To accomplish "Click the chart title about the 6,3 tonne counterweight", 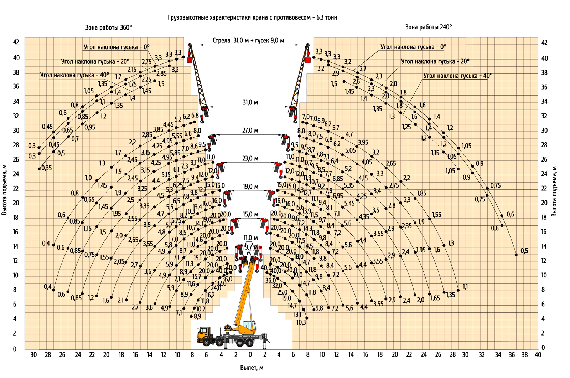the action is pos(253,17).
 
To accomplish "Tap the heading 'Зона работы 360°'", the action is pos(109,27).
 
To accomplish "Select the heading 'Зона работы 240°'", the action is pos(429,27).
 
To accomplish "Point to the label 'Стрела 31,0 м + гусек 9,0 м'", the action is pos(248,41).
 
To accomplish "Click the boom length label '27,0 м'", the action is pos(250,131).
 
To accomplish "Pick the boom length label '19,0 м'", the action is pos(250,187).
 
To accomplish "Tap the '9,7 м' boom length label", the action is pos(251,247).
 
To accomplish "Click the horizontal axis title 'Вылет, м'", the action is pos(252,368).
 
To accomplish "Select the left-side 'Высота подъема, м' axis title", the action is pos(4,190).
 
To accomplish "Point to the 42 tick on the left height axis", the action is pos(16,42).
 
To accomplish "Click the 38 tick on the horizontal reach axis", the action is pos(525,355).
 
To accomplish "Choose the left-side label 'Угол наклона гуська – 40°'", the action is pos(74,75).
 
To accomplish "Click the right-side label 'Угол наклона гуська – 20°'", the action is pos(435,62).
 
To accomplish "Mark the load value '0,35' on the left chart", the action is pos(47,168).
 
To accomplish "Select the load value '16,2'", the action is pos(210,295).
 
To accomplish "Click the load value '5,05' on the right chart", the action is pos(351,150).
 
